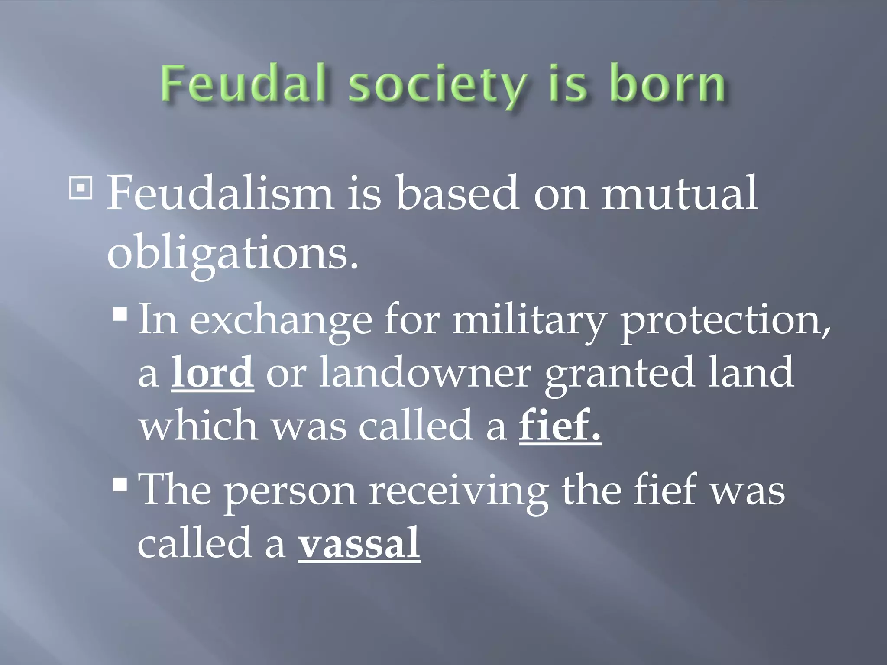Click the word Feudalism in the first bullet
coord(220,192)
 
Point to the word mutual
coord(680,192)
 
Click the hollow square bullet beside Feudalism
coord(81,187)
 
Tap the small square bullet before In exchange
coord(120,314)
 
